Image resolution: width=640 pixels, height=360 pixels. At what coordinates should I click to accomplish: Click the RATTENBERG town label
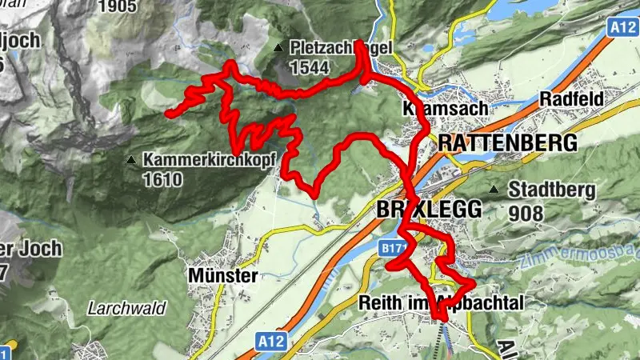507,143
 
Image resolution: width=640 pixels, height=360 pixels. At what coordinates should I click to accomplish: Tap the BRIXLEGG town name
429,210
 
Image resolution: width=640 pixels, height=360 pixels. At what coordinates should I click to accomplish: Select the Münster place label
223,276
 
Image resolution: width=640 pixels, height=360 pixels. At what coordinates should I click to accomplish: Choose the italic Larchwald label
126,308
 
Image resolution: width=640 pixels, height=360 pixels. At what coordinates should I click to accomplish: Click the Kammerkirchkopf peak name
209,159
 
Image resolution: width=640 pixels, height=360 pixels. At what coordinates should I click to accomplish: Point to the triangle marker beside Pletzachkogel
278,49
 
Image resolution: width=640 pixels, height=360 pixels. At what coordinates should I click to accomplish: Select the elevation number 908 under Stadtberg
526,214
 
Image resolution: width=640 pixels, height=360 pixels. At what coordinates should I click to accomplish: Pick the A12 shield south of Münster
272,342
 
